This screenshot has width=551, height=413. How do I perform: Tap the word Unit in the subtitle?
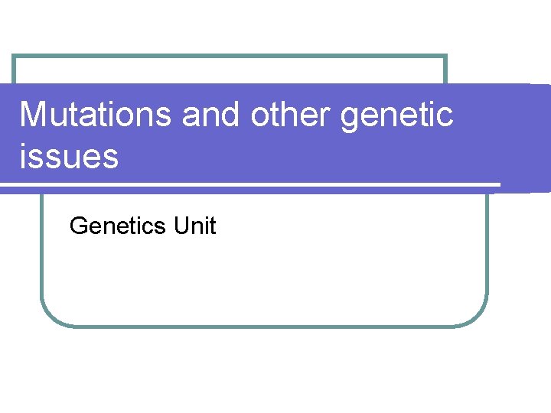click(x=195, y=226)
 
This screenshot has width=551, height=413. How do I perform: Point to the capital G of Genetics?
click(x=77, y=226)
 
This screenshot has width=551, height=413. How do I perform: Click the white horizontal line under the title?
click(x=253, y=184)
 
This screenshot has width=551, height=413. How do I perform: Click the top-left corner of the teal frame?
click(x=15, y=57)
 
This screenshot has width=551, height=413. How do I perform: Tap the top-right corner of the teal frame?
click(x=445, y=57)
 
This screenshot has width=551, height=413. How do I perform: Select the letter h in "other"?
click(x=285, y=115)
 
